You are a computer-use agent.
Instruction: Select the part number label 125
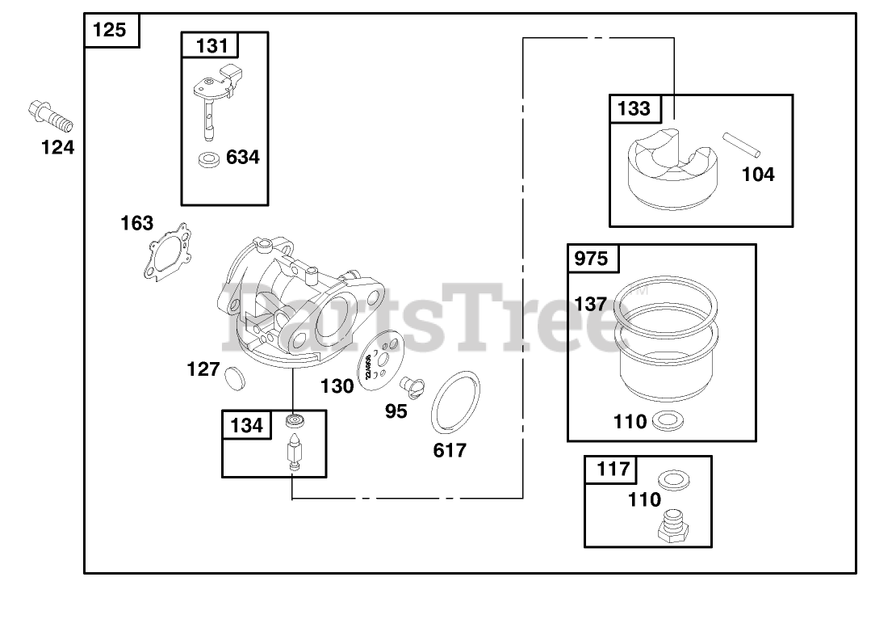tap(111, 30)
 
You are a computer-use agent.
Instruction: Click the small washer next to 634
tap(209, 158)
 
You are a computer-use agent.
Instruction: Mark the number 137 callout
tap(590, 304)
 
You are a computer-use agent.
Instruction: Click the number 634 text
tap(242, 158)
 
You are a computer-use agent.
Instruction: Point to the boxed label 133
tap(634, 108)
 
